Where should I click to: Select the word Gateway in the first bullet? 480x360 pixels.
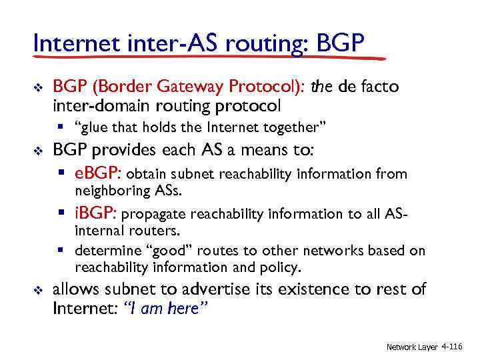[x=191, y=87]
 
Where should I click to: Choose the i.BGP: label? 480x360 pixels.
[x=96, y=214]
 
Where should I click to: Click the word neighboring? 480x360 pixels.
[x=111, y=191]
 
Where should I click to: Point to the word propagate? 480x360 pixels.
[x=155, y=215]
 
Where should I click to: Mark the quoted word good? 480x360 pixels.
[x=155, y=251]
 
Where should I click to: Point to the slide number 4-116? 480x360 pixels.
[x=453, y=347]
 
